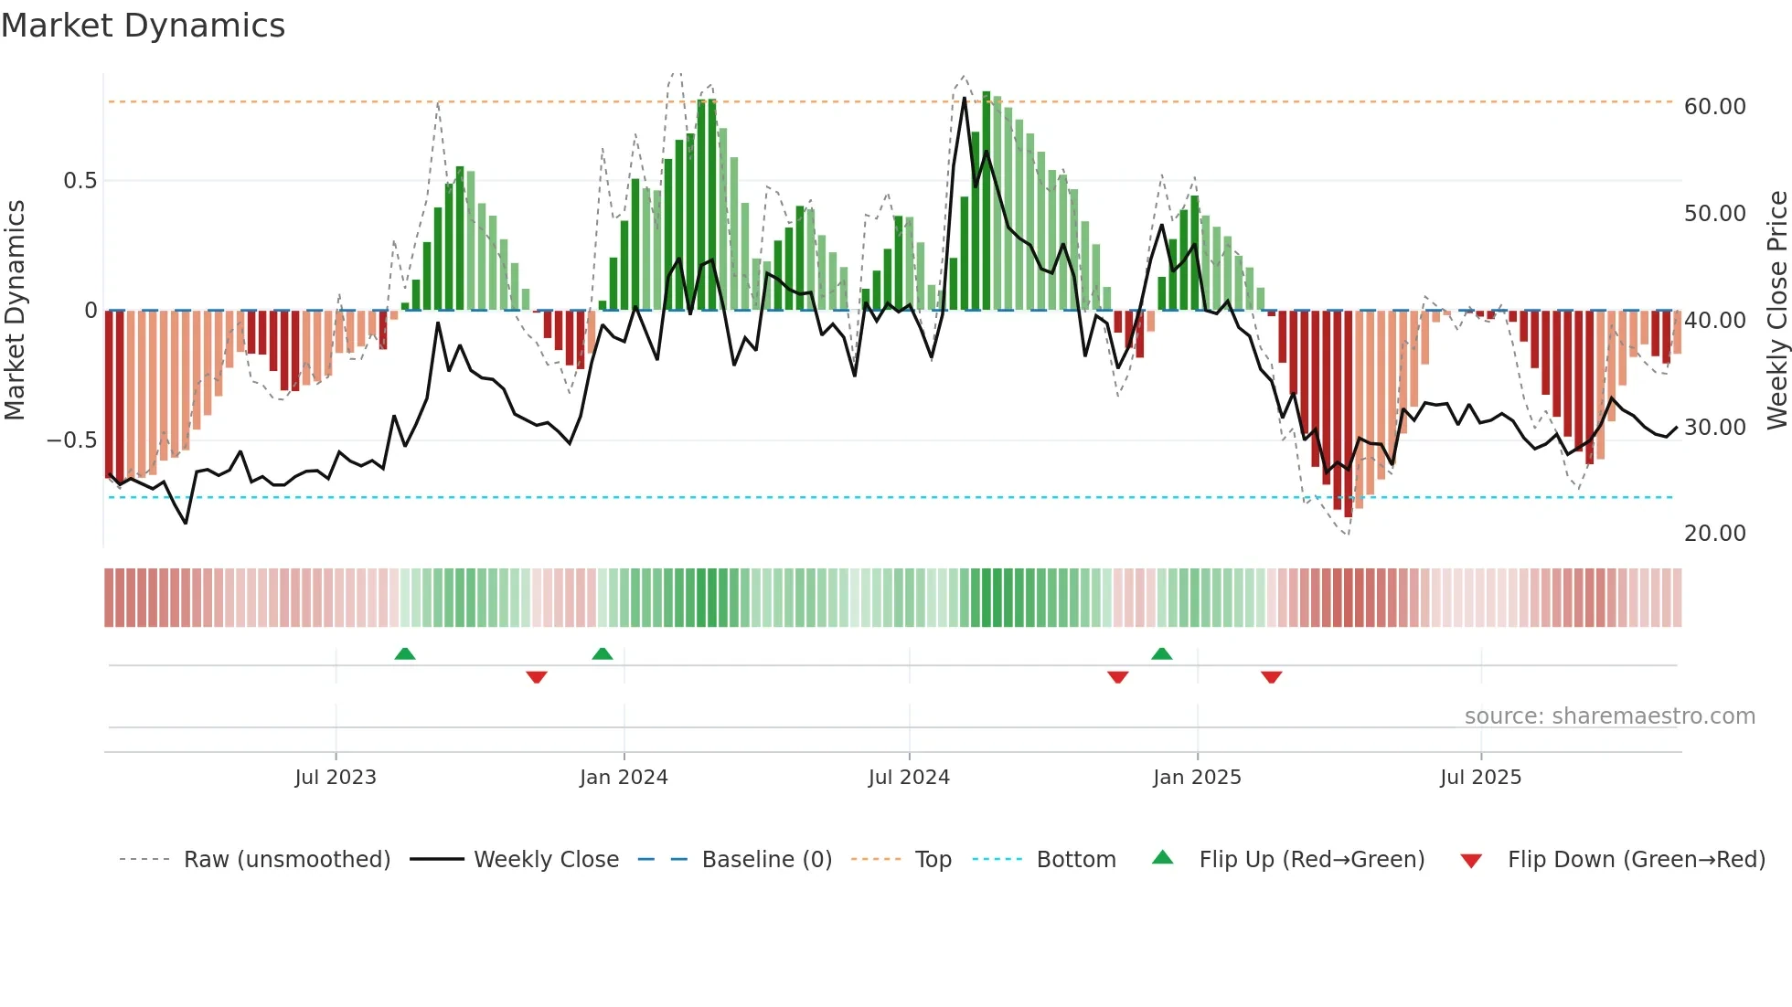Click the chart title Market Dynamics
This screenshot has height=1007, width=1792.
point(143,26)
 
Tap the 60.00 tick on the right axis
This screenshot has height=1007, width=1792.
point(1714,107)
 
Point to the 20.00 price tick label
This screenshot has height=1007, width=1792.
point(1714,534)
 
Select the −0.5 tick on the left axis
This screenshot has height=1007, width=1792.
point(72,440)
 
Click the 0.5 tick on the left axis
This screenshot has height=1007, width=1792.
point(80,181)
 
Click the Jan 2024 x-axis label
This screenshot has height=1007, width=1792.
point(624,778)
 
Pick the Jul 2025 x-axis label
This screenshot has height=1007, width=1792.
point(1480,778)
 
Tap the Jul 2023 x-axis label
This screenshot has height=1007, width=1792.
point(336,778)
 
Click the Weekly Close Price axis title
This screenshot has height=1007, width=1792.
point(1776,311)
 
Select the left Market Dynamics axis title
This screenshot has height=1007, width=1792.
point(15,311)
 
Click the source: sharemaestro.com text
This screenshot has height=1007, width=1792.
point(1609,716)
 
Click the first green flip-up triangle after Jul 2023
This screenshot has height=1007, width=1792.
point(405,653)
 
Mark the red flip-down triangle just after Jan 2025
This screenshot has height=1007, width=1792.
point(1271,677)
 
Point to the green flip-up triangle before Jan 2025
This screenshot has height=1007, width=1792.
point(1161,653)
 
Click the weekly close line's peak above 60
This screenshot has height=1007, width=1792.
point(965,98)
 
